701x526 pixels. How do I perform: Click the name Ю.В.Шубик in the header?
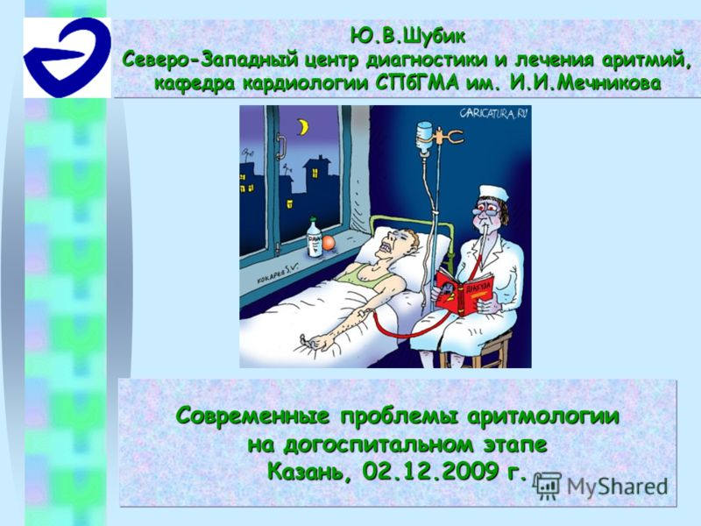coord(404,37)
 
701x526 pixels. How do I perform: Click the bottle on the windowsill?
coord(313,238)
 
